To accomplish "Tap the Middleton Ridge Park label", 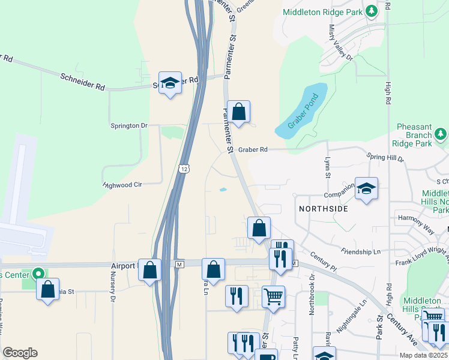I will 323,11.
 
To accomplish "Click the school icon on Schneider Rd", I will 170,83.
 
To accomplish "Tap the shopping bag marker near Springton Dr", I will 238,112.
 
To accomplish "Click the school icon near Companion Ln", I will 366,189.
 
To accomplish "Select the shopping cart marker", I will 273,296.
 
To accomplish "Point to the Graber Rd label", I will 251,149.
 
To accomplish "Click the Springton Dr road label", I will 128,125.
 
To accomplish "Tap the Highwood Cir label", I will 122,185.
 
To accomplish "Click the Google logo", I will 20,353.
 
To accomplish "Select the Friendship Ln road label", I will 361,251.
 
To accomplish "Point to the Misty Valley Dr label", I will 340,42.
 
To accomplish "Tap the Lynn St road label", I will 328,167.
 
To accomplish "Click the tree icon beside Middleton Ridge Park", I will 372,11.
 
